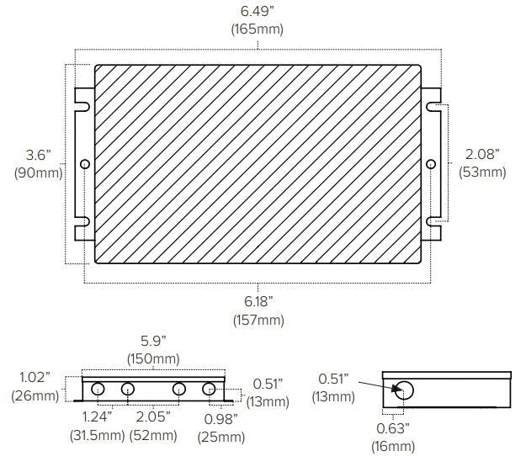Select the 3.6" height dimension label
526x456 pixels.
click(39, 155)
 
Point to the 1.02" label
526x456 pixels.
click(34, 377)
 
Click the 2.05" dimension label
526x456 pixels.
click(153, 418)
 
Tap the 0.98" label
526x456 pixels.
click(221, 418)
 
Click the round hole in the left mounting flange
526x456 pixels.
click(84, 163)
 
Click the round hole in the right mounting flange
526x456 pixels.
click(431, 163)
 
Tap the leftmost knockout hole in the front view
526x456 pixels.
click(98, 390)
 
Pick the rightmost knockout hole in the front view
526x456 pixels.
click(209, 390)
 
